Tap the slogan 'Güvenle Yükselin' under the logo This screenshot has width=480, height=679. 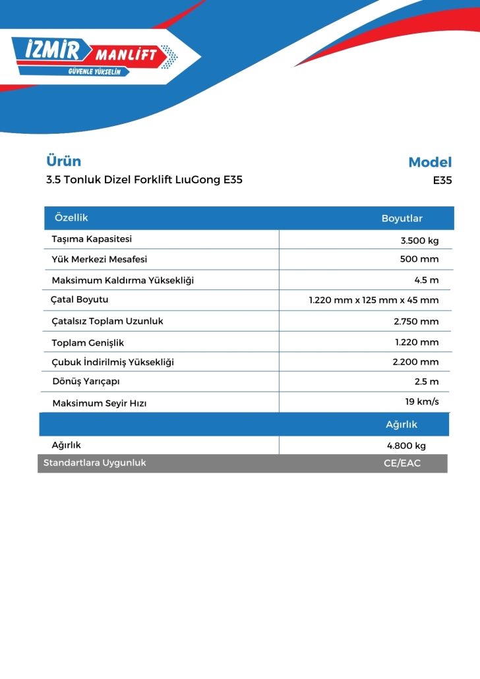(x=94, y=71)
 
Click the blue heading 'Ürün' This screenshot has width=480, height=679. (x=63, y=161)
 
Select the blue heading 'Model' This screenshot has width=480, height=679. (x=430, y=162)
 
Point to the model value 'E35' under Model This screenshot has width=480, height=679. (x=442, y=180)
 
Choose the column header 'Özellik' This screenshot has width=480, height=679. (x=71, y=218)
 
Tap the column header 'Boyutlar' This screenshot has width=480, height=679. (x=402, y=218)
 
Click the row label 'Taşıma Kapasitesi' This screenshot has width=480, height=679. (x=92, y=239)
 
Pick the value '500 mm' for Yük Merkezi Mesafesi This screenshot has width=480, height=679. (x=419, y=259)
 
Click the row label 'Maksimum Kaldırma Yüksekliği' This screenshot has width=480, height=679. (x=123, y=280)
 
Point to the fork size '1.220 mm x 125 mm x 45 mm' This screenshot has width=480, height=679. (x=373, y=301)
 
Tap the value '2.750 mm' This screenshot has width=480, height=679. (x=416, y=322)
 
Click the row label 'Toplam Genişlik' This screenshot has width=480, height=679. (x=88, y=343)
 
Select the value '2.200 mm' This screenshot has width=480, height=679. (x=415, y=362)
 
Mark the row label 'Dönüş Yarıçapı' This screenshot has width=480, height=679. (x=86, y=382)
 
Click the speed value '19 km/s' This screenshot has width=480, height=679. (x=422, y=401)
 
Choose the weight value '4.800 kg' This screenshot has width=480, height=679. (x=406, y=446)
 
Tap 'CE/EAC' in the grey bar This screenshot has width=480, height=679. (x=402, y=463)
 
